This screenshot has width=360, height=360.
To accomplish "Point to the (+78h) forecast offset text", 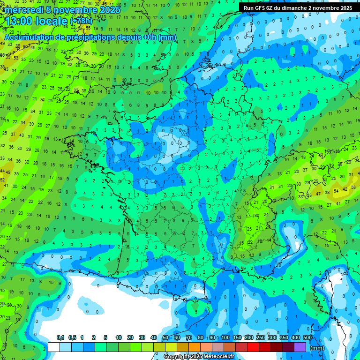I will coord(81,21).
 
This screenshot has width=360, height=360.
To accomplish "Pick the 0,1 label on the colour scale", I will coord(60,337).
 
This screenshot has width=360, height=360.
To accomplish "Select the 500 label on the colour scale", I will coord(307,337).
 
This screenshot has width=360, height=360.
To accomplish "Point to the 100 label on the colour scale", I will coord(225,337).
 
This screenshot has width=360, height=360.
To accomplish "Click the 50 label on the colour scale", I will coord(165,337).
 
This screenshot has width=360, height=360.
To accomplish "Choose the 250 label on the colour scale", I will coord(261,337).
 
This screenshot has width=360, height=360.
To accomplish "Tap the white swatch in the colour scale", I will coord(54,347).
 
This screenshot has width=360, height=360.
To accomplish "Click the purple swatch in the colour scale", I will coord(300,347).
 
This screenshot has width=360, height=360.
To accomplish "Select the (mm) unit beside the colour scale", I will coord(317,348).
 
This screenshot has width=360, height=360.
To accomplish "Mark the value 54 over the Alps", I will coord(336,191).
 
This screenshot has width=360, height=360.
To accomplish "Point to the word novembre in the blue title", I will coord(75,10).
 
